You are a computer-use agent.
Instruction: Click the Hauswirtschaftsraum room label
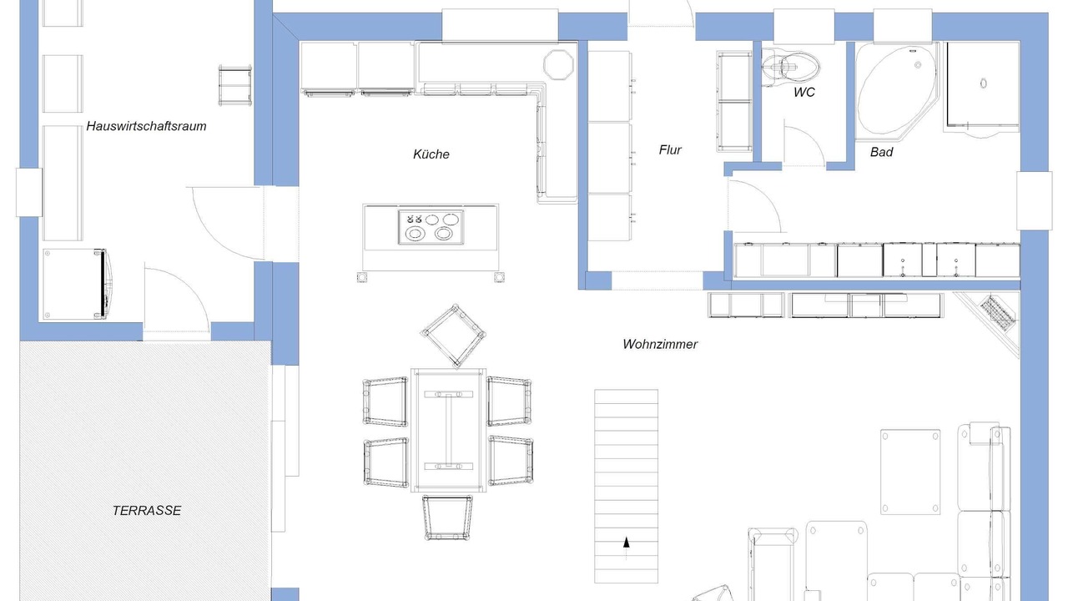click(146, 126)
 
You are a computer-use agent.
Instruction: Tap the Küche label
click(431, 154)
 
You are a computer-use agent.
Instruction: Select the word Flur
click(670, 149)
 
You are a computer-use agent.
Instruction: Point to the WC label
click(804, 92)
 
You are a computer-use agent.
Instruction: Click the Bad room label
click(881, 152)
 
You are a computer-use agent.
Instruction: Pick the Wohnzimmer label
click(660, 344)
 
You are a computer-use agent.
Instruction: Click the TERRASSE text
click(147, 510)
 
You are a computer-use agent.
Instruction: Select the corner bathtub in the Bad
click(896, 91)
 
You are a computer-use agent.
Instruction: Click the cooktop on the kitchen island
click(431, 227)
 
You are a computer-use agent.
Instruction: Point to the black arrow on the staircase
click(626, 543)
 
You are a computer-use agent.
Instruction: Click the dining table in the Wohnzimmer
click(448, 430)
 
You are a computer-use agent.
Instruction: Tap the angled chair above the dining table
click(453, 336)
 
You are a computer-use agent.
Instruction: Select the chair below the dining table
click(447, 518)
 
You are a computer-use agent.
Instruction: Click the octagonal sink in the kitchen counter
click(558, 64)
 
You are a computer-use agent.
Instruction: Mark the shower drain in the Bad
click(983, 83)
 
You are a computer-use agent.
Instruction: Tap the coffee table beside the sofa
click(910, 472)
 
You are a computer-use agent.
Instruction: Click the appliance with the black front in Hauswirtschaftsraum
click(75, 284)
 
